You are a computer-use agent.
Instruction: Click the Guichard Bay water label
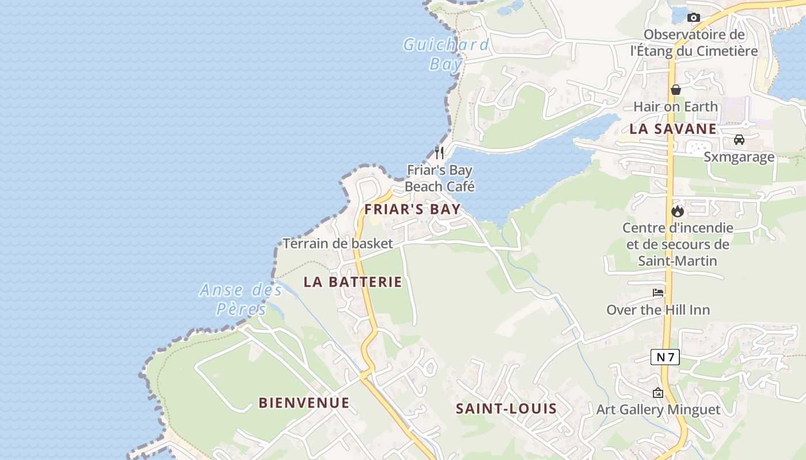coord(446,53)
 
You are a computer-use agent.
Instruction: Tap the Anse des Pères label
coord(241,299)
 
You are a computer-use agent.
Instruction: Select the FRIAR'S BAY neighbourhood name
coord(413,209)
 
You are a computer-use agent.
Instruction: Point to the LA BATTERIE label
coord(353,282)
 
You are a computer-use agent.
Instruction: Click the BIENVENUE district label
coord(304,402)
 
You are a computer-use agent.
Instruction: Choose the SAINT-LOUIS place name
coord(506,409)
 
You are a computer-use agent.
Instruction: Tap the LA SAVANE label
coord(673,129)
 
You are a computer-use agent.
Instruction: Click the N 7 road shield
coord(665,357)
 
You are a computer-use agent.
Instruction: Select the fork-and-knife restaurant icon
coord(439,152)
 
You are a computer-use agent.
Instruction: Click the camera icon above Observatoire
coord(693,17)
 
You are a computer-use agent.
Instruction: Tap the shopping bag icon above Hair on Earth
coord(676,90)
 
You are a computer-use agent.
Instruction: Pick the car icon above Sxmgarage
coord(739,139)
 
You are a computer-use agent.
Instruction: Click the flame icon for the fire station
coord(678,211)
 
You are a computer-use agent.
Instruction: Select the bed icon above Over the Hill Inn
coord(657,293)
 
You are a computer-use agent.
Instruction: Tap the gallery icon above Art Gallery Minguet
coord(658,393)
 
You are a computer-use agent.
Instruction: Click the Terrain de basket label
coord(337,243)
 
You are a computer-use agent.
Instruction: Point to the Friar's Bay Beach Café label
coord(439,178)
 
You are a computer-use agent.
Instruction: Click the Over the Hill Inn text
coord(658,310)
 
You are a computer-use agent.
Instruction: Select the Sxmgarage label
coord(739,157)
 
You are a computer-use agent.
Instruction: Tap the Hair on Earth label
coord(676,106)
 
